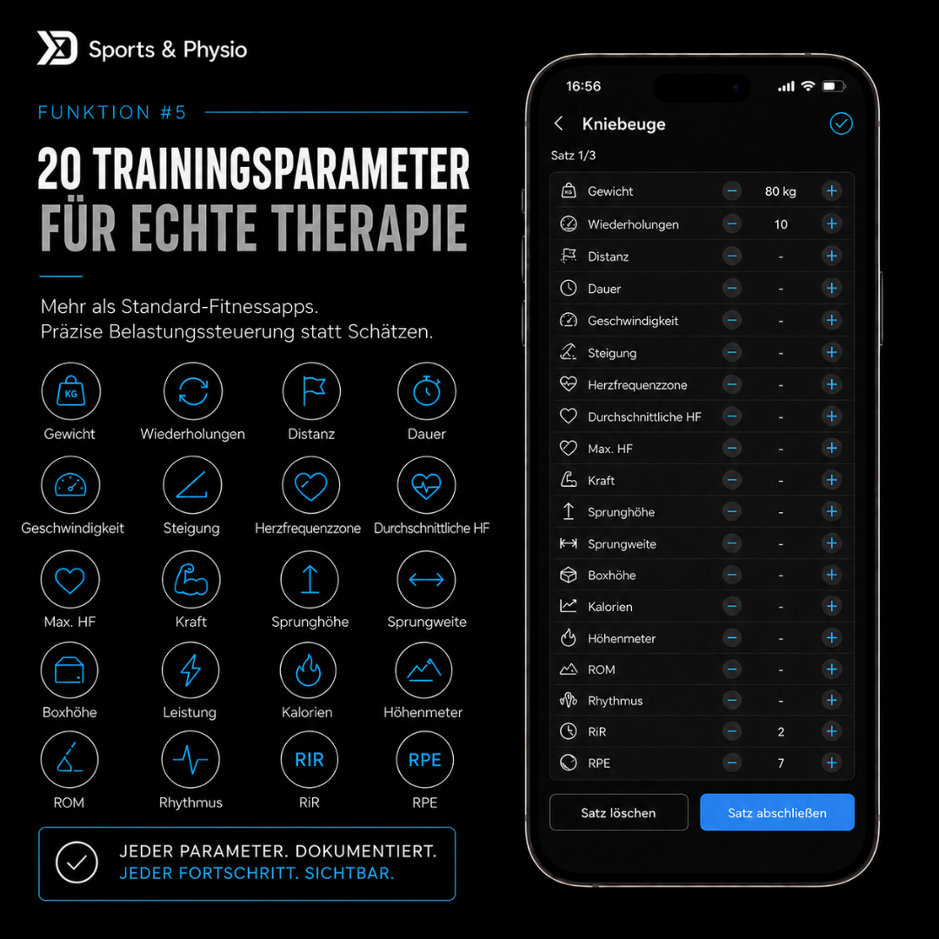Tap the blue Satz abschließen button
point(776,812)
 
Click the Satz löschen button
point(619,812)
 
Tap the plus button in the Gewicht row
point(831,191)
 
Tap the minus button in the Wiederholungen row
point(731,224)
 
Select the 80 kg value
point(780,191)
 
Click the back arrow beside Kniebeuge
point(559,123)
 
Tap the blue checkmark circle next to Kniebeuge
point(841,123)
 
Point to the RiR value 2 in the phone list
point(781,732)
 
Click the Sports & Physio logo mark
point(57,48)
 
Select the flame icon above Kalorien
point(309,670)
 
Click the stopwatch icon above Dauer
point(426,391)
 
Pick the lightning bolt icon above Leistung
point(190,670)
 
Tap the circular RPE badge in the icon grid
point(424,759)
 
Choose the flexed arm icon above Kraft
point(191,579)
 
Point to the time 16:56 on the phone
point(583,86)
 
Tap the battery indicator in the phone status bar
point(833,86)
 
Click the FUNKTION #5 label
point(112,112)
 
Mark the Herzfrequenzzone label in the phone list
point(637,385)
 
